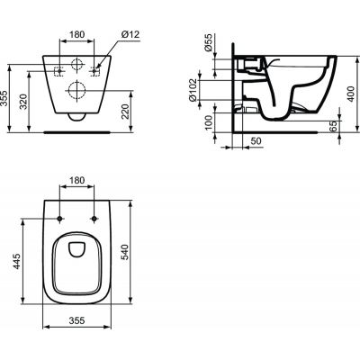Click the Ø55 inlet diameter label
point(209,45)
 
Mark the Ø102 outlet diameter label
point(209,90)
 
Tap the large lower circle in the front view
point(75,88)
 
